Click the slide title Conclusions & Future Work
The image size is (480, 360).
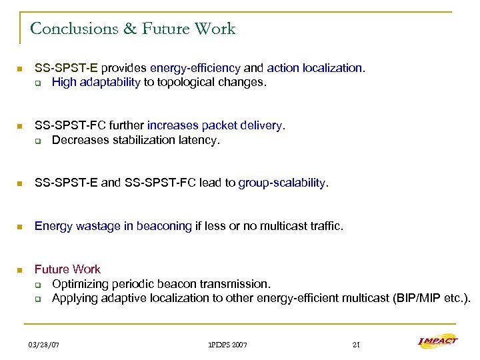tap(133, 29)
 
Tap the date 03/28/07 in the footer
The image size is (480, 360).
tap(44, 345)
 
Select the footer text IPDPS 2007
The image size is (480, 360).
tap(227, 345)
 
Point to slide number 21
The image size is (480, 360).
tap(356, 345)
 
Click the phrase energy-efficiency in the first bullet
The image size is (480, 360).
tap(195, 68)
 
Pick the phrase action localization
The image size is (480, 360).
tap(315, 68)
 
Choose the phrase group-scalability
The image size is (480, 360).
tap(283, 183)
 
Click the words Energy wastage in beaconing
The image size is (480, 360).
tap(113, 226)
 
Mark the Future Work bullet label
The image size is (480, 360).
tap(67, 269)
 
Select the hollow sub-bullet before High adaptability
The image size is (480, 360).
tap(38, 83)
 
